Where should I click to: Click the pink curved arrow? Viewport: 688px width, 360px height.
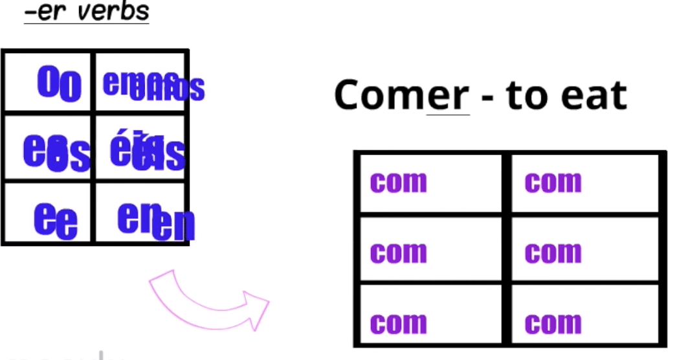(x=207, y=302)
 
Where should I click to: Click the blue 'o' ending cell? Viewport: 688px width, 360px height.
(x=59, y=84)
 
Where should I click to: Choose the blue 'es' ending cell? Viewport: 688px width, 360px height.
(x=56, y=153)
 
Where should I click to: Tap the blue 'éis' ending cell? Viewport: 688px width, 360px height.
(x=148, y=152)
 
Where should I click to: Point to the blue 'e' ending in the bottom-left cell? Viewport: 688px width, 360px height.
(x=56, y=220)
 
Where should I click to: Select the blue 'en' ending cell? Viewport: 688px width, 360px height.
(x=156, y=221)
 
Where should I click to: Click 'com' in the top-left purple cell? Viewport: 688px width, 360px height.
(x=398, y=182)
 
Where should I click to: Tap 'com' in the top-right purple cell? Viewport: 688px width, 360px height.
(x=553, y=182)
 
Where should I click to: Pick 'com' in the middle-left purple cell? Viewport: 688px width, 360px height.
(x=398, y=252)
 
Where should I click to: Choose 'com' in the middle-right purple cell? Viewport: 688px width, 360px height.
(x=553, y=252)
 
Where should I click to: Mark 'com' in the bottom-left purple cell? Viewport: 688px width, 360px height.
(x=398, y=322)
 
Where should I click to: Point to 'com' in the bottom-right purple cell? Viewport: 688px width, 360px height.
(x=553, y=322)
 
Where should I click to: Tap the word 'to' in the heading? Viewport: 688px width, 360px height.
(x=524, y=95)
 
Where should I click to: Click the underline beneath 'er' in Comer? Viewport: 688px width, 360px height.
(x=448, y=115)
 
